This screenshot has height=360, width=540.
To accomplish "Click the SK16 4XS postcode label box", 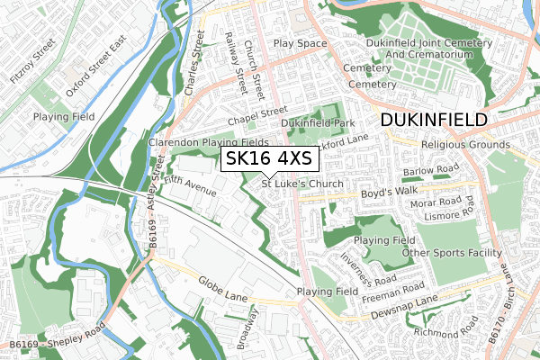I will tap(267, 159).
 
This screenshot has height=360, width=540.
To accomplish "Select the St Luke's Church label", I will tap(303, 184).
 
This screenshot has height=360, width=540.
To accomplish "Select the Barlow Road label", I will tap(431, 170).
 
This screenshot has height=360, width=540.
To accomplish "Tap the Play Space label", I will tap(300, 43).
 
